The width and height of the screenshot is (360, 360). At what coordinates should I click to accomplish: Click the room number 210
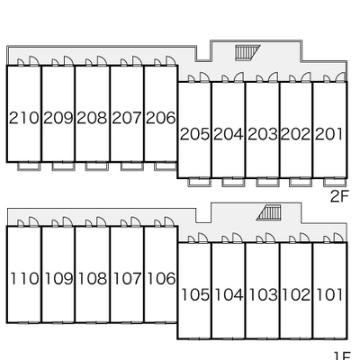tap(23, 118)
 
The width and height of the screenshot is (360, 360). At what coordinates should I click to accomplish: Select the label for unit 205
tap(194, 134)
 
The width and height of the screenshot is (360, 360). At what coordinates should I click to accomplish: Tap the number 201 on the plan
tap(328, 134)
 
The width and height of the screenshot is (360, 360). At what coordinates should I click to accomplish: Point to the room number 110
tap(24, 278)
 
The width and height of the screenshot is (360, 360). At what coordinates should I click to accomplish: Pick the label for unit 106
tap(161, 278)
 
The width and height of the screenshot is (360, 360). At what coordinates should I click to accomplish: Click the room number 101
tap(329, 294)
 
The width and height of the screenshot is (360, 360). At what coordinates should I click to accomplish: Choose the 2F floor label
tap(339, 196)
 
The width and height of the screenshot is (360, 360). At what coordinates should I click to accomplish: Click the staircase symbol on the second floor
tap(247, 52)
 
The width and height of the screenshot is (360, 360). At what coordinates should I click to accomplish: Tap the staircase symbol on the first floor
tap(269, 212)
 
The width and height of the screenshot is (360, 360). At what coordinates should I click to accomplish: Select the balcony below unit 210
tap(30, 166)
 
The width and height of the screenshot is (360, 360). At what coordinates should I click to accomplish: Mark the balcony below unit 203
tap(268, 183)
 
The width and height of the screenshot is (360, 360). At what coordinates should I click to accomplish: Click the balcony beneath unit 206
tap(166, 166)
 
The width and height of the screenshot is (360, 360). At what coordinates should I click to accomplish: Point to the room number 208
tap(92, 118)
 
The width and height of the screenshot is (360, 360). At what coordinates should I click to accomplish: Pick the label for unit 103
tap(263, 294)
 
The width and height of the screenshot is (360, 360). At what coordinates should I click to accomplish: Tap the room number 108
tap(93, 278)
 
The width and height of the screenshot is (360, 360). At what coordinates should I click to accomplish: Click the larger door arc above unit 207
tap(137, 60)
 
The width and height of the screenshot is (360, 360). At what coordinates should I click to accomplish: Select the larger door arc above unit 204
tap(238, 77)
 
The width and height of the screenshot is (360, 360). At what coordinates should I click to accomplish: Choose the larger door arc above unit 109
tap(67, 221)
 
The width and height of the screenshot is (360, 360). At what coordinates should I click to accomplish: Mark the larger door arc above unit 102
tap(306, 238)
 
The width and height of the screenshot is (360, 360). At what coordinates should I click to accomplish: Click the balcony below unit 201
tap(335, 183)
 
